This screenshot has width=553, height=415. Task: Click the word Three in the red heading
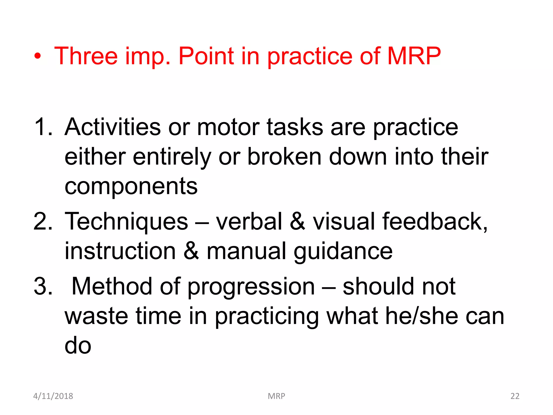[x=86, y=56]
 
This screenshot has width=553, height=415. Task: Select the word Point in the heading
[x=206, y=56]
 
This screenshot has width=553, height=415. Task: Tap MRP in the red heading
[x=414, y=56]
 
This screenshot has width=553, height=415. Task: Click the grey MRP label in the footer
[x=276, y=396]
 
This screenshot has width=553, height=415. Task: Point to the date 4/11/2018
[x=53, y=396]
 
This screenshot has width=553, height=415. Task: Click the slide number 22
[x=515, y=396]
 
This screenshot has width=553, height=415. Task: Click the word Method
[x=112, y=286]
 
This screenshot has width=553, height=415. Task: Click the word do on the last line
[x=78, y=346]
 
